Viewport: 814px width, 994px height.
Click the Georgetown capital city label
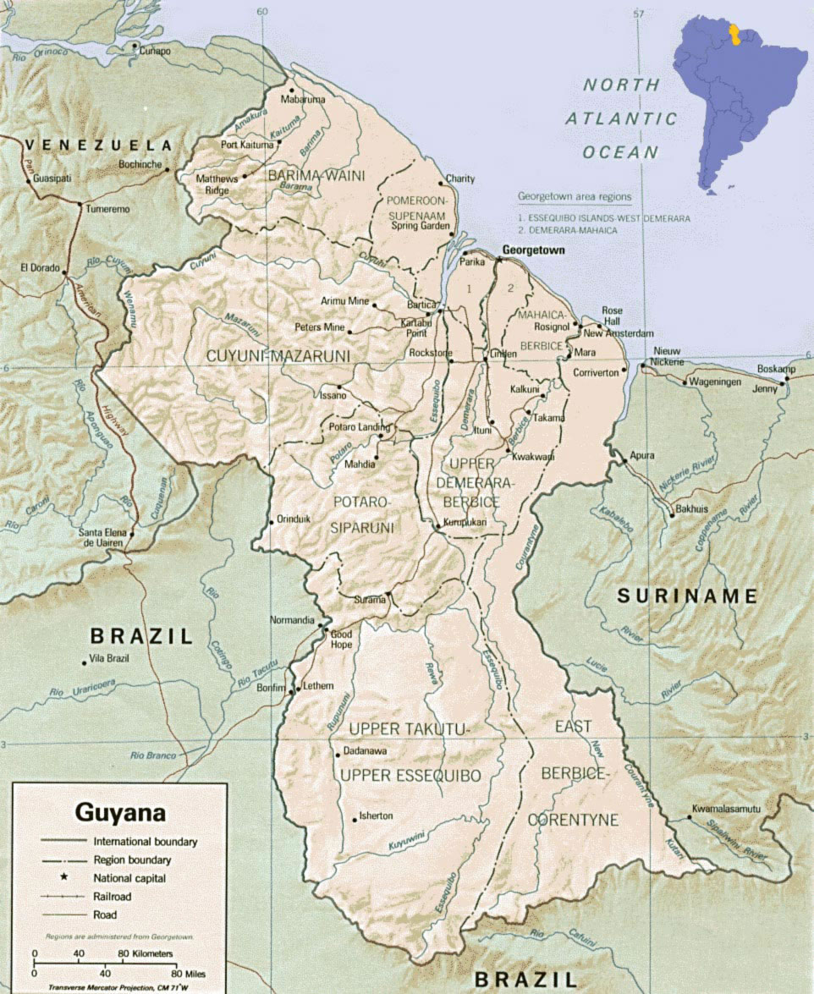(533, 250)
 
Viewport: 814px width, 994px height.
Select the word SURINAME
(686, 596)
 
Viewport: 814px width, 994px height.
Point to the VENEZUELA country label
(98, 145)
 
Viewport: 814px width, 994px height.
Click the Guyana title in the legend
(120, 813)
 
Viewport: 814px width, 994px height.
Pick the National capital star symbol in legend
(63, 877)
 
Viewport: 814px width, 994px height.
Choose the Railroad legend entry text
(113, 896)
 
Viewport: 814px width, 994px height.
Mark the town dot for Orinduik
(270, 519)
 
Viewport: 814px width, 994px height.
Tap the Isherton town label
(376, 816)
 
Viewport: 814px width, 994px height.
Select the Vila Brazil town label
(110, 658)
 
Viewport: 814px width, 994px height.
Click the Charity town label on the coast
(460, 178)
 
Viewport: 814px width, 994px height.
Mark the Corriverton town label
(597, 371)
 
